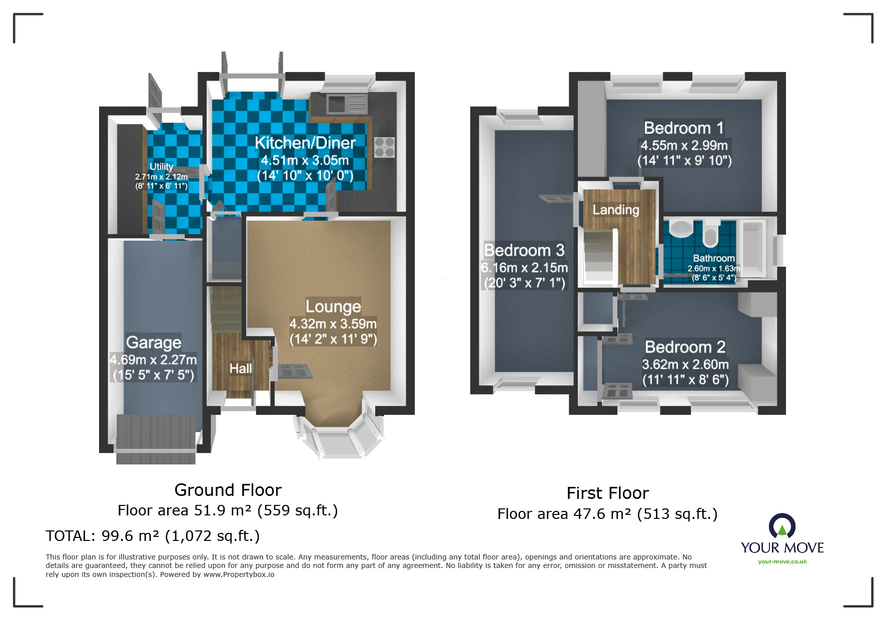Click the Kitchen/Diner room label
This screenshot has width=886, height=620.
(x=305, y=143)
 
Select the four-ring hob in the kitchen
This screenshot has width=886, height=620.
(x=384, y=147)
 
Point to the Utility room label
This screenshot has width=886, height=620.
(x=162, y=166)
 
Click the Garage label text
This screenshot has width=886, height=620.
(x=154, y=342)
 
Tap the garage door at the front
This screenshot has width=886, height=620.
(x=156, y=439)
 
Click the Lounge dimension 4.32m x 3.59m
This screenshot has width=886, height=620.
(x=333, y=324)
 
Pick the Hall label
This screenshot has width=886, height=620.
(x=241, y=369)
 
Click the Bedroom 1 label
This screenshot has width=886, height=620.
(x=684, y=128)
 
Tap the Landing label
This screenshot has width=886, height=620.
(x=616, y=210)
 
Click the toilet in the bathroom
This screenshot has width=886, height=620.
(x=710, y=233)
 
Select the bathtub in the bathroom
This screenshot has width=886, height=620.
(x=753, y=248)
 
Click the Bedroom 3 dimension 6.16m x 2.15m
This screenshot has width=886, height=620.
(x=524, y=268)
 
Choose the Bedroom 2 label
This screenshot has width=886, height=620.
(x=685, y=347)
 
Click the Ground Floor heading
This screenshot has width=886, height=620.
(x=228, y=490)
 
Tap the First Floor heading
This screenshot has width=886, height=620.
(x=608, y=493)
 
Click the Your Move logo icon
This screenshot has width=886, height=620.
(x=782, y=526)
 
